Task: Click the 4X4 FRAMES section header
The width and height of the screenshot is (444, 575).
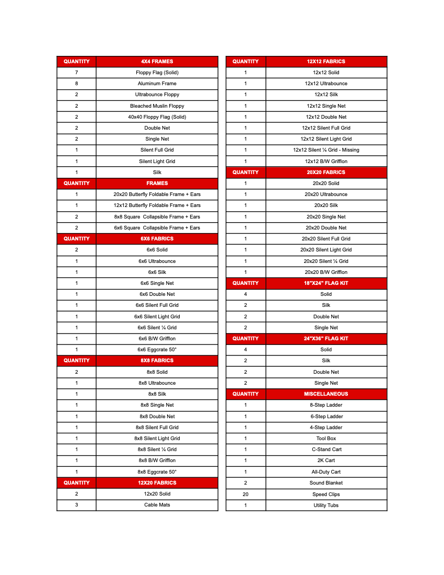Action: click(157, 61)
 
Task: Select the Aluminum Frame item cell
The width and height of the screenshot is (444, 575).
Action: click(157, 84)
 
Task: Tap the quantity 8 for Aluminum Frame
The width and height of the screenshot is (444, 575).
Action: click(76, 84)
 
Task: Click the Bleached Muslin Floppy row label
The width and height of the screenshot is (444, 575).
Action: click(157, 106)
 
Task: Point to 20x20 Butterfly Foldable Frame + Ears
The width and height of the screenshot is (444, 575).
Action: click(157, 194)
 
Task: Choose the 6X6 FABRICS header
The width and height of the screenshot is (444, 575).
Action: click(157, 239)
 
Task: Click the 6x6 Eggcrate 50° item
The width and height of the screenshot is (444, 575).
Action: click(157, 350)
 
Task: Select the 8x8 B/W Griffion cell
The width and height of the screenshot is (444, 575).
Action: click(157, 461)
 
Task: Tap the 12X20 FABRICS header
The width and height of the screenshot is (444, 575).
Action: click(157, 483)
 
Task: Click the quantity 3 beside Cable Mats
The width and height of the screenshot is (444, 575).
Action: click(76, 505)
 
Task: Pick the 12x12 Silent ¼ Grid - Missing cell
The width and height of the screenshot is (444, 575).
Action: click(326, 150)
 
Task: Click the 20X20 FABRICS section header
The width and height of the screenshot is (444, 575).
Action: click(326, 172)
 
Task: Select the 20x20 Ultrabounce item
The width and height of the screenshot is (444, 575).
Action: click(326, 194)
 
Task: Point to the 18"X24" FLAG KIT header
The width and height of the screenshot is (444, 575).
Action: click(326, 283)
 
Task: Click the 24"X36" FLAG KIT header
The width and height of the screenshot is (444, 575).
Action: click(326, 339)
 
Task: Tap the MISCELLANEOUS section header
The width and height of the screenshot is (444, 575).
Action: click(326, 394)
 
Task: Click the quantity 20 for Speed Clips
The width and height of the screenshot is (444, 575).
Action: click(246, 494)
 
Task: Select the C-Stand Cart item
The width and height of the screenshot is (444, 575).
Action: click(326, 450)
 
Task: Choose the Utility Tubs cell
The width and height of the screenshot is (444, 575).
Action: click(326, 505)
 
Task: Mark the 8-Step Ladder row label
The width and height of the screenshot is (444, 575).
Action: click(326, 405)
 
